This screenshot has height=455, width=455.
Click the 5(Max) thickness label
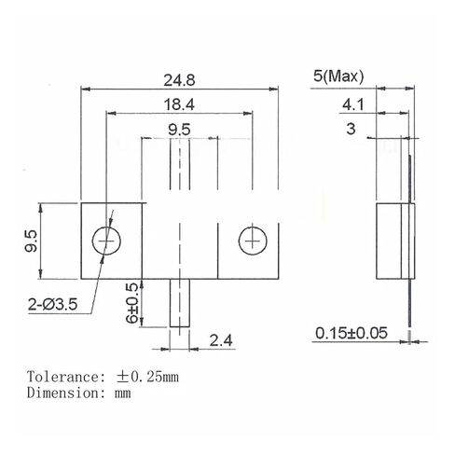coord(338,76)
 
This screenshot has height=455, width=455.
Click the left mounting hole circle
coord(108,242)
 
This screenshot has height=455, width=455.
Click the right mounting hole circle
coord(251,242)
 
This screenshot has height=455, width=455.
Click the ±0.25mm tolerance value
coord(146,378)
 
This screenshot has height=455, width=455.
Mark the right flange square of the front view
coord(250,242)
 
